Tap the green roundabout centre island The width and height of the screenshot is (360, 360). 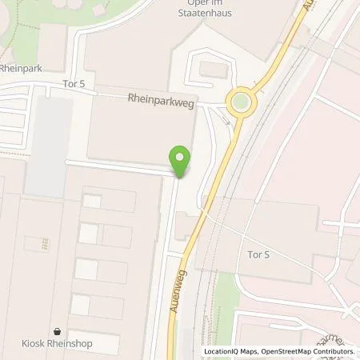pyautogui.click(x=238, y=102)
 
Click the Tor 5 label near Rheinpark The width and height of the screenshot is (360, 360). pyautogui.click(x=73, y=82)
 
